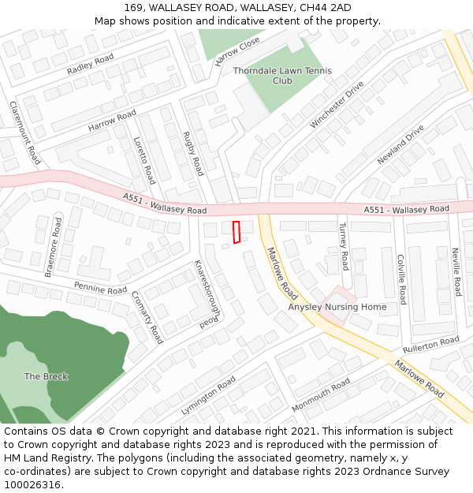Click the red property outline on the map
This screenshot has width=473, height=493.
tap(236, 232)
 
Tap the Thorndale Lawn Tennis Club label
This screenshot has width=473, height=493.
tap(282, 76)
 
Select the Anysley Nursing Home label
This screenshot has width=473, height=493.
tap(337, 307)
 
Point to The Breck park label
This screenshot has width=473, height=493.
tap(46, 376)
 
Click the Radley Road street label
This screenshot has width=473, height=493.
tap(91, 64)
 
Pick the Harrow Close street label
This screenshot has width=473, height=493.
tap(236, 51)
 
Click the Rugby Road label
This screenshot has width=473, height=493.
tap(193, 153)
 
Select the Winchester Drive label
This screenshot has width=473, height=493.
tap(337, 104)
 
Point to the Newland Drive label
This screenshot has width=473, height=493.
tap(400, 144)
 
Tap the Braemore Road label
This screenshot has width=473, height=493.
tap(54, 247)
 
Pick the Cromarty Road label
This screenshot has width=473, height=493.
tap(147, 317)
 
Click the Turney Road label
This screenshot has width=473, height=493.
tap(344, 245)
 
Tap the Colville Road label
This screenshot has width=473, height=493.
tap(401, 278)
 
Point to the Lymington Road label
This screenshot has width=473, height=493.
tap(208, 395)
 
